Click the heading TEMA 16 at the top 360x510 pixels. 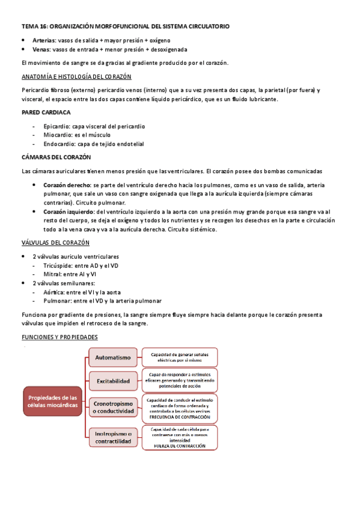tap(124, 27)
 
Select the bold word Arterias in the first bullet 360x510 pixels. tap(44, 40)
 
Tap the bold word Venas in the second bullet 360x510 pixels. tap(42, 49)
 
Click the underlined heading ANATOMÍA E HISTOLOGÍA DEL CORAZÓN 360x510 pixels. tap(77, 77)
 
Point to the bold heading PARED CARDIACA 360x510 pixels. tap(46, 112)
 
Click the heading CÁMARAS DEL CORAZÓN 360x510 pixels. tap(56, 158)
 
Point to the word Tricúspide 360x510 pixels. tap(59, 265)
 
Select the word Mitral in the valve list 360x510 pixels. tap(53, 274)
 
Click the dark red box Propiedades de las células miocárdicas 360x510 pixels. tap(53, 401)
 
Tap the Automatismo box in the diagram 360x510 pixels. tap(112, 357)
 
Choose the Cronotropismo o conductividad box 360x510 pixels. tap(112, 407)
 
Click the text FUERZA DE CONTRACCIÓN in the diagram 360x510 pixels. tap(180, 446)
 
